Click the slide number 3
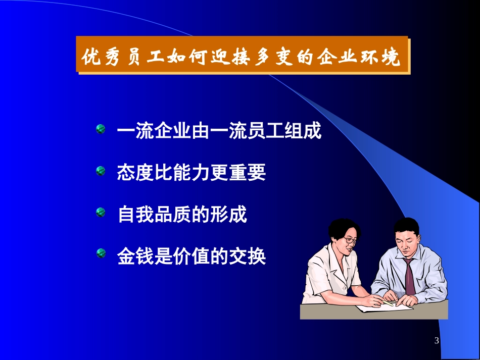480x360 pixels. pos(437,342)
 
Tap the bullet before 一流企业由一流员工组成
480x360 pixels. pos(101,130)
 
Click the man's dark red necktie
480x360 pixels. pos(409,275)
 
